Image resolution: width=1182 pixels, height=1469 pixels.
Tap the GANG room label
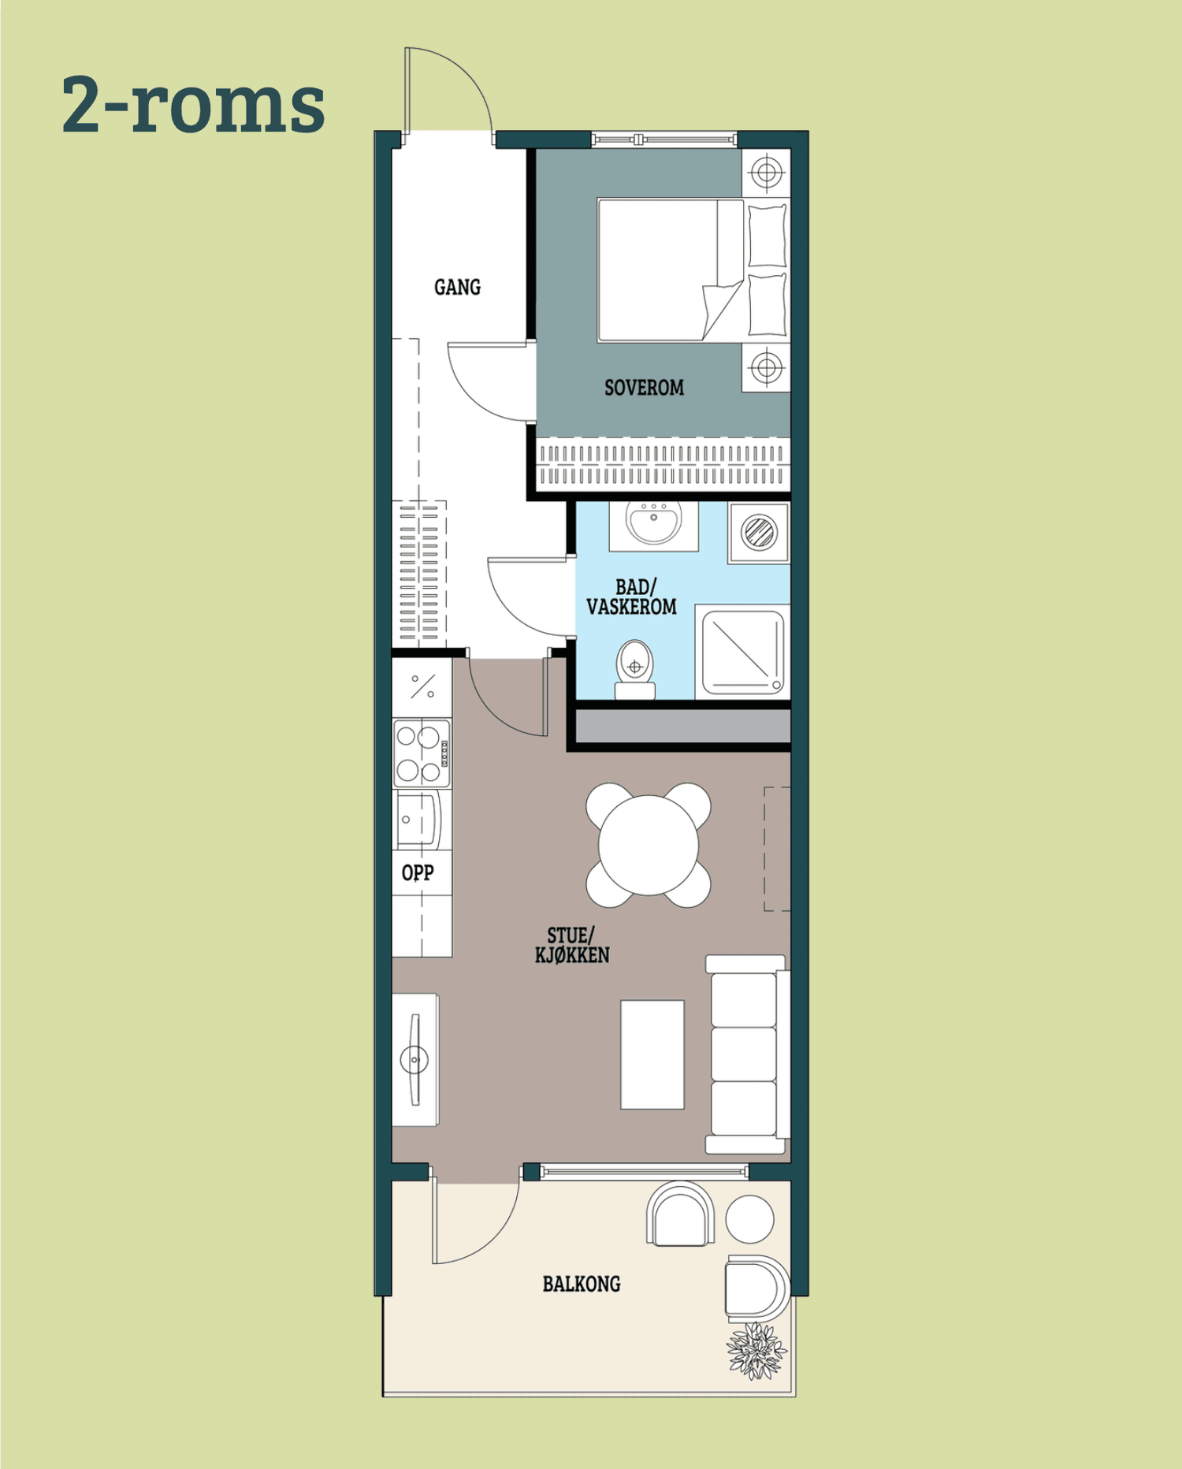(457, 287)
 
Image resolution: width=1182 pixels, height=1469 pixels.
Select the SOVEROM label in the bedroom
(644, 388)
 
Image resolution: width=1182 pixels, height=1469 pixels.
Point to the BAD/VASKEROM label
(631, 597)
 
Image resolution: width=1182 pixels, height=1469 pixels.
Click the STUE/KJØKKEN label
(572, 945)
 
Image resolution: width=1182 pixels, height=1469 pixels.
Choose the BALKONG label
(582, 1284)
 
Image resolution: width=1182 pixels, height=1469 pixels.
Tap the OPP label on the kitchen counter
(418, 872)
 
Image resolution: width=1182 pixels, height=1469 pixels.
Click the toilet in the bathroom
(635, 670)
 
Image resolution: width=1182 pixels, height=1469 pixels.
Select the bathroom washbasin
(653, 523)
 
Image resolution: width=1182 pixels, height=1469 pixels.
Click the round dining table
(649, 845)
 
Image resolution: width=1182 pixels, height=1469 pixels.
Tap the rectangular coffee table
(652, 1054)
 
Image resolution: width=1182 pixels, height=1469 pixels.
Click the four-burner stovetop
(422, 753)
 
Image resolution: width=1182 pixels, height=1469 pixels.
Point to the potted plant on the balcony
(756, 1352)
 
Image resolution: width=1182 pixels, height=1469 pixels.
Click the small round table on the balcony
(749, 1219)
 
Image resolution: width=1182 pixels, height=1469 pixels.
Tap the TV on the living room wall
(414, 1059)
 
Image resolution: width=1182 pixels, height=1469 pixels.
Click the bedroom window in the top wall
(664, 139)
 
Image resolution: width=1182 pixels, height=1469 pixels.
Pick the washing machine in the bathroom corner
(759, 533)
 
